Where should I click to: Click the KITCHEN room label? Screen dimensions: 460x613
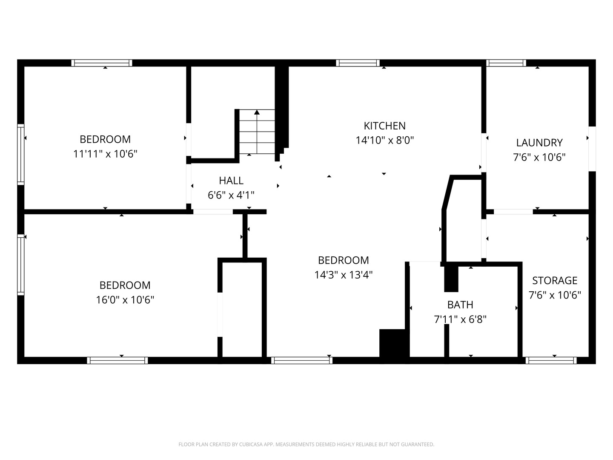(x=384, y=126)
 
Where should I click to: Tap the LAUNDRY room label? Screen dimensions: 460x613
(x=539, y=143)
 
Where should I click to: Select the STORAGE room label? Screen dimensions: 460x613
(x=555, y=280)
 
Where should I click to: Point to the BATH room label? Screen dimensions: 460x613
(x=460, y=305)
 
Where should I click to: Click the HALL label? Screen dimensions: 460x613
(x=231, y=181)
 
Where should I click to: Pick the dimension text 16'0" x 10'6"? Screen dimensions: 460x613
(x=125, y=300)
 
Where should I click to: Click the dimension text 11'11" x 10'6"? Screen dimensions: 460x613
(x=105, y=154)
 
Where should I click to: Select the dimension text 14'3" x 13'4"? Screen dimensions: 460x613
(x=344, y=275)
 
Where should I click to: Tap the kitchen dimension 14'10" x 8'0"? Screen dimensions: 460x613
(x=385, y=140)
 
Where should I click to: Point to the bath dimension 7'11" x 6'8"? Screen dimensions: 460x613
(x=460, y=319)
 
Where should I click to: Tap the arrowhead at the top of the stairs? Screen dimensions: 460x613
(x=257, y=112)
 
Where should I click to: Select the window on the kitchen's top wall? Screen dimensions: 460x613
(x=358, y=63)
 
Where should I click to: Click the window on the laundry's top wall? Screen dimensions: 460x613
(x=506, y=63)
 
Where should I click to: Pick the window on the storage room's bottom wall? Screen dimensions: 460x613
(x=551, y=360)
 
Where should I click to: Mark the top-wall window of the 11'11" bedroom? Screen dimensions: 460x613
(x=102, y=63)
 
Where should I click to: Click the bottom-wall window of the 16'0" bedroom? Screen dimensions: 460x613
(x=117, y=360)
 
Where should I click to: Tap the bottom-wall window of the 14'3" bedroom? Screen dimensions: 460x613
(x=302, y=360)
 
